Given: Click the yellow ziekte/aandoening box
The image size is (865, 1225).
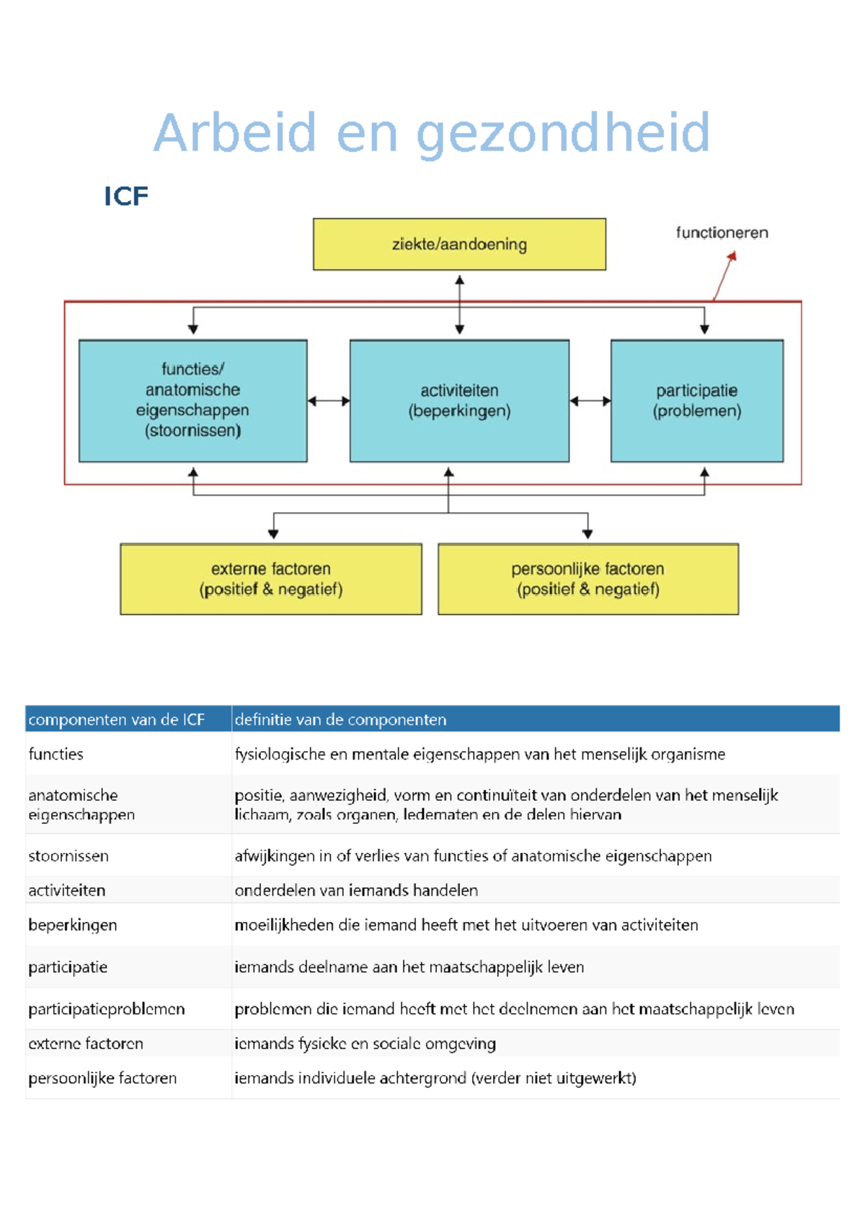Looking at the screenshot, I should tap(459, 244).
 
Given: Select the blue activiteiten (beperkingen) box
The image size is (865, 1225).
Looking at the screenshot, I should tap(459, 400).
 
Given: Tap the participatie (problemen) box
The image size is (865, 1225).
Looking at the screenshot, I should tap(696, 400).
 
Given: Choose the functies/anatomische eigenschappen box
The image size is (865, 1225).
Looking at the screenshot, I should tap(192, 400).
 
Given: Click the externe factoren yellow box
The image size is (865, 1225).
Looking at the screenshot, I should tap(270, 579).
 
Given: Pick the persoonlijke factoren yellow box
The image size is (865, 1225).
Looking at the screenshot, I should tap(587, 579).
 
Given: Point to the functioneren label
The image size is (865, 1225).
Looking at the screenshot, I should tap(722, 232).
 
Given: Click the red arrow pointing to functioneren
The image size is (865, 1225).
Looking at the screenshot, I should tap(724, 276).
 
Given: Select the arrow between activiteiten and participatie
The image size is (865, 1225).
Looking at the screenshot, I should tap(590, 401).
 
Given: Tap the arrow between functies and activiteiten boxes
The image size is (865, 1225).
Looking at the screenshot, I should tap(328, 401).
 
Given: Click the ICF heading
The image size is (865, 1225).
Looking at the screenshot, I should tap(126, 196).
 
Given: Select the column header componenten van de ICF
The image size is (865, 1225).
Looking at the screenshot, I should tap(116, 719).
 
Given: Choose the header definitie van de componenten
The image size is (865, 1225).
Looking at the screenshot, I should tap(340, 719).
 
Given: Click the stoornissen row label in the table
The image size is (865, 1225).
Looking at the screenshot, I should tap(68, 856).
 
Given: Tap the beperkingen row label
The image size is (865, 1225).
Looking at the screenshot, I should tap(72, 925).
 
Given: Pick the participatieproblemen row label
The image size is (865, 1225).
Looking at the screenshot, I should tap(107, 1009).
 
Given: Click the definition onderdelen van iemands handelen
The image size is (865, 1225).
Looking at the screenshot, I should tap(356, 890).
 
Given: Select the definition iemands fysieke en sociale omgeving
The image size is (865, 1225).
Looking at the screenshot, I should tap(365, 1044).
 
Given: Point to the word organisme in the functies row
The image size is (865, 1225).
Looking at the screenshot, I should tap(688, 755).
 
